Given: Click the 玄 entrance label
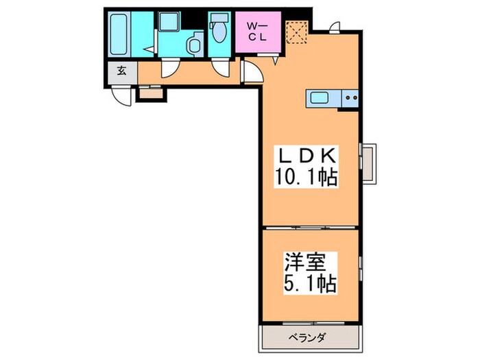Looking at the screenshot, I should coord(121,70).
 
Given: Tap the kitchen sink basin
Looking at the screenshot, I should coord(320,97).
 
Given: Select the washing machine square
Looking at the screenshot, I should coord(168,24).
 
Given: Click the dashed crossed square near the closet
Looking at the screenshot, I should coord(296,32).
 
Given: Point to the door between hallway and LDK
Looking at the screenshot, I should coord(251,71).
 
